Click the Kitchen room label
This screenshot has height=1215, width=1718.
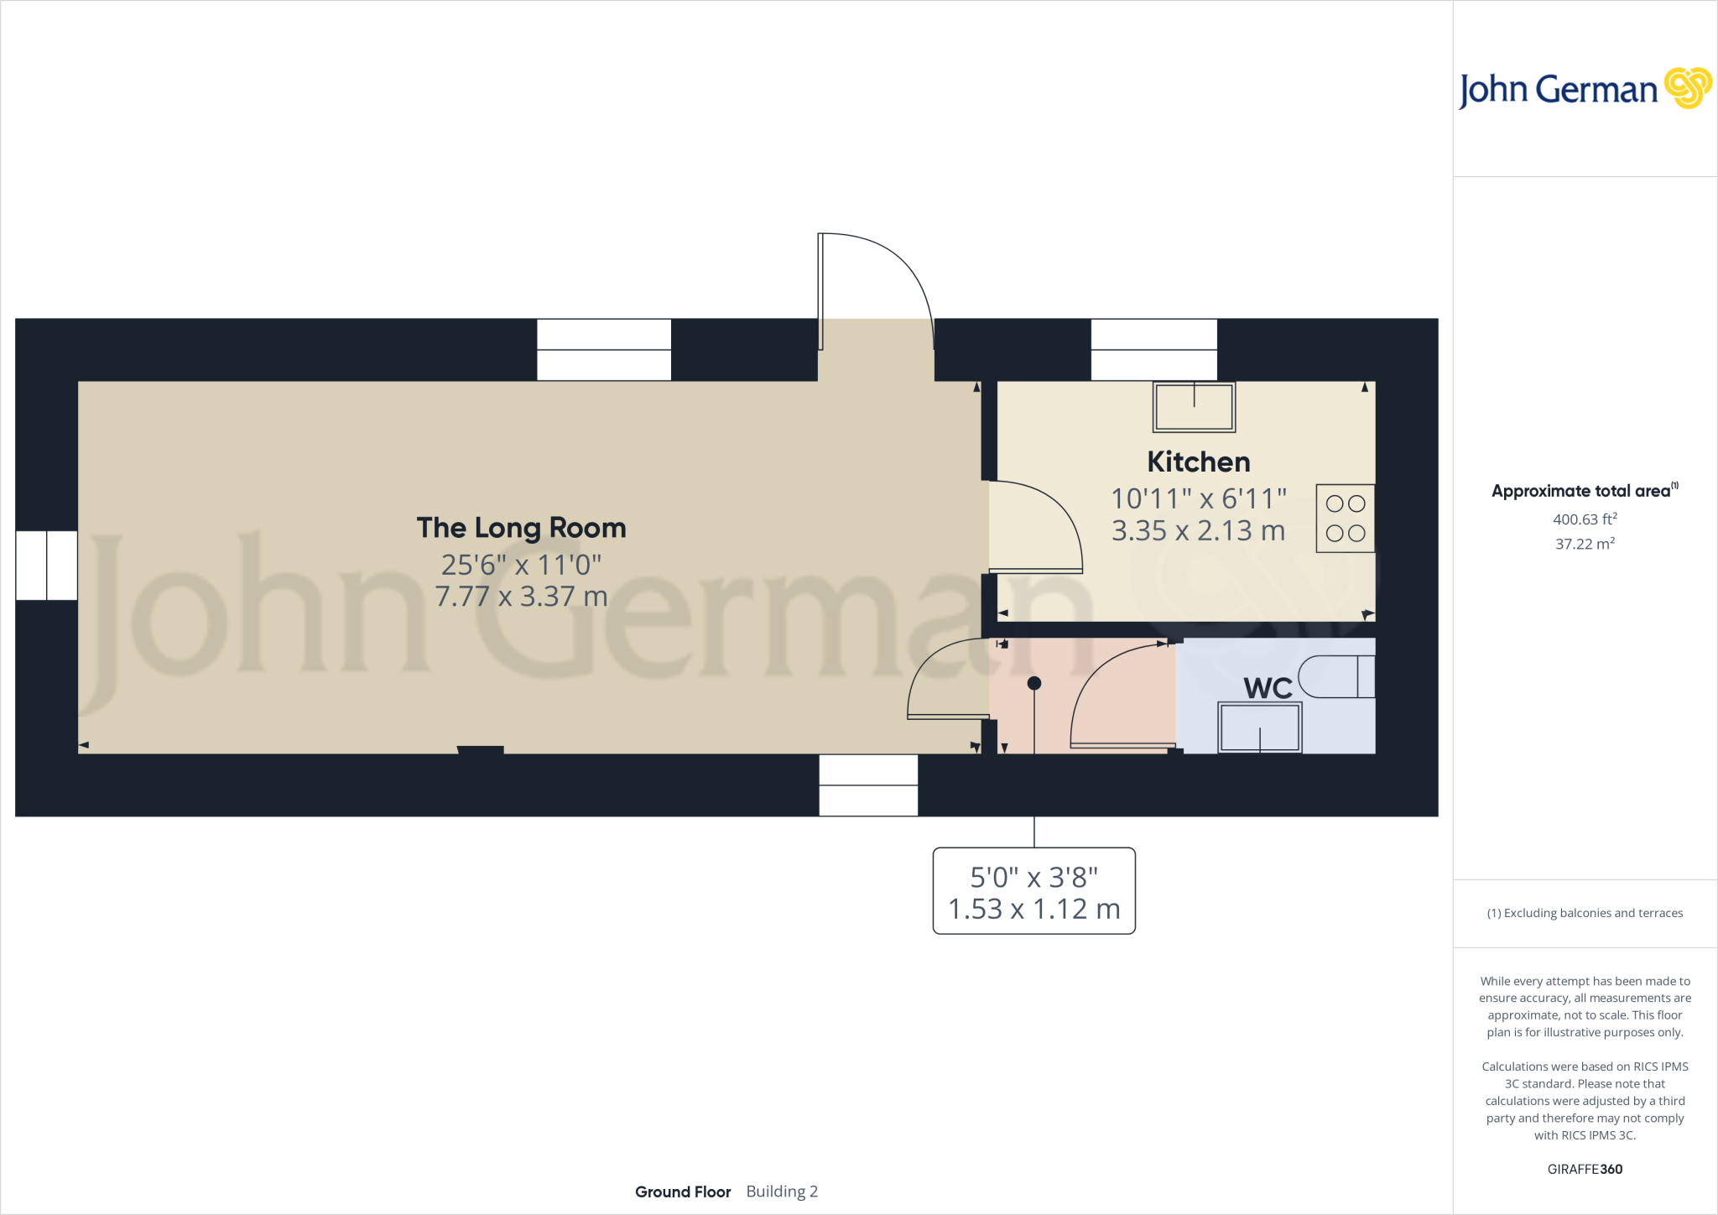[x=1198, y=462]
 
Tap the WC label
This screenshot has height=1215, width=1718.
[x=1268, y=689]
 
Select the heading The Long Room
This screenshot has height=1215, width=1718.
[x=521, y=528]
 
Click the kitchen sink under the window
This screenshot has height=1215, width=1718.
[x=1194, y=407]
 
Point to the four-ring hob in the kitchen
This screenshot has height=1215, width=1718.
[x=1345, y=519]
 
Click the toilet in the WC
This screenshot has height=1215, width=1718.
[x=1335, y=677]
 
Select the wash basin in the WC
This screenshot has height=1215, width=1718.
[x=1259, y=727]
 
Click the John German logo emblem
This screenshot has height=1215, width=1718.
[x=1687, y=88]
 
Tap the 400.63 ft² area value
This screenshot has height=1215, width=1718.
[x=1585, y=519]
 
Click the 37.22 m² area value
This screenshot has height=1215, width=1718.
[x=1585, y=544]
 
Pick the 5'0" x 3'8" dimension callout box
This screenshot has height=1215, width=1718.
[x=1033, y=891]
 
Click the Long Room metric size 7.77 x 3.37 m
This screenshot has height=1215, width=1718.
[x=521, y=597]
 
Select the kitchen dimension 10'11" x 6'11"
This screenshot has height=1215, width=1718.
[x=1198, y=499]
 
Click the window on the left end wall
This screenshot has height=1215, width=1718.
[x=47, y=566]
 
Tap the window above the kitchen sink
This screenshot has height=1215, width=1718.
[x=1153, y=350]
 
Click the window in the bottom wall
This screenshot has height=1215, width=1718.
[x=868, y=785]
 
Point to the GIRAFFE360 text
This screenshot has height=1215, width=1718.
[x=1585, y=1169]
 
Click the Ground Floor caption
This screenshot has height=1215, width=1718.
[x=683, y=1192]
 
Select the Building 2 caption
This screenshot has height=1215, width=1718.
[x=782, y=1192]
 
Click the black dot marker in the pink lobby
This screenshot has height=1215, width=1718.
[x=1034, y=684]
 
